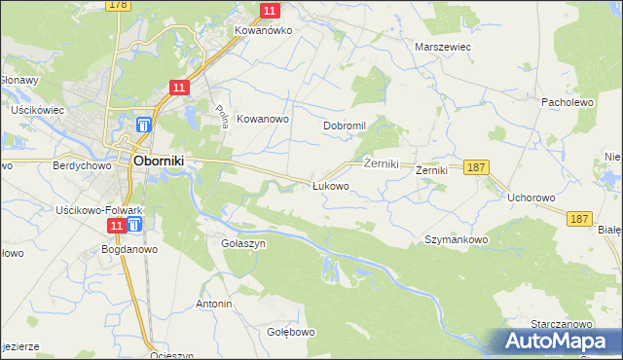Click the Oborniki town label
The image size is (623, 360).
point(151,161)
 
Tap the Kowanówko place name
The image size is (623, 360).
point(263,30)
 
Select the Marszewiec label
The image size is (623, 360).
point(443,46)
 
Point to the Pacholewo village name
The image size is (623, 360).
point(567,101)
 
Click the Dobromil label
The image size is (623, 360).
point(344,126)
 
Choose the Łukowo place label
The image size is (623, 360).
point(330,186)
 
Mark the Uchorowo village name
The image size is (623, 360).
point(531,198)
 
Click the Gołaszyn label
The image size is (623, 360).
point(243,244)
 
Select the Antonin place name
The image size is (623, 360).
point(214,305)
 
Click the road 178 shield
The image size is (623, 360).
point(118,5)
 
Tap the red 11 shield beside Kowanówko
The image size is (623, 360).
point(271,11)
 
